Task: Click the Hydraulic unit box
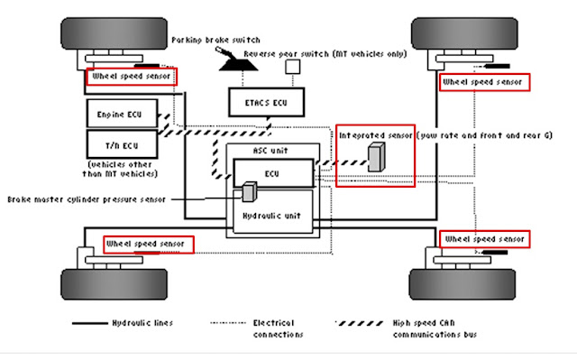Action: point(271,217)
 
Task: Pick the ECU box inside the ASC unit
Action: point(271,171)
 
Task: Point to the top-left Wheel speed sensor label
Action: point(131,77)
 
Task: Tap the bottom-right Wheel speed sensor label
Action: point(483,239)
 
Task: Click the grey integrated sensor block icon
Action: point(375,157)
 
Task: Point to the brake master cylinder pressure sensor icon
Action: point(249,191)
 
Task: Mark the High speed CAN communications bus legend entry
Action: point(401,328)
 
